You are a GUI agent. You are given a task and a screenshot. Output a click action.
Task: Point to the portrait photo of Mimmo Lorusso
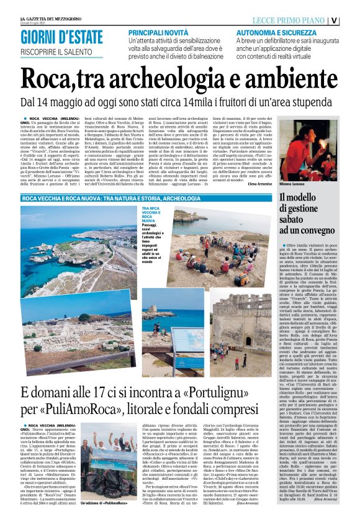point(309,149)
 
